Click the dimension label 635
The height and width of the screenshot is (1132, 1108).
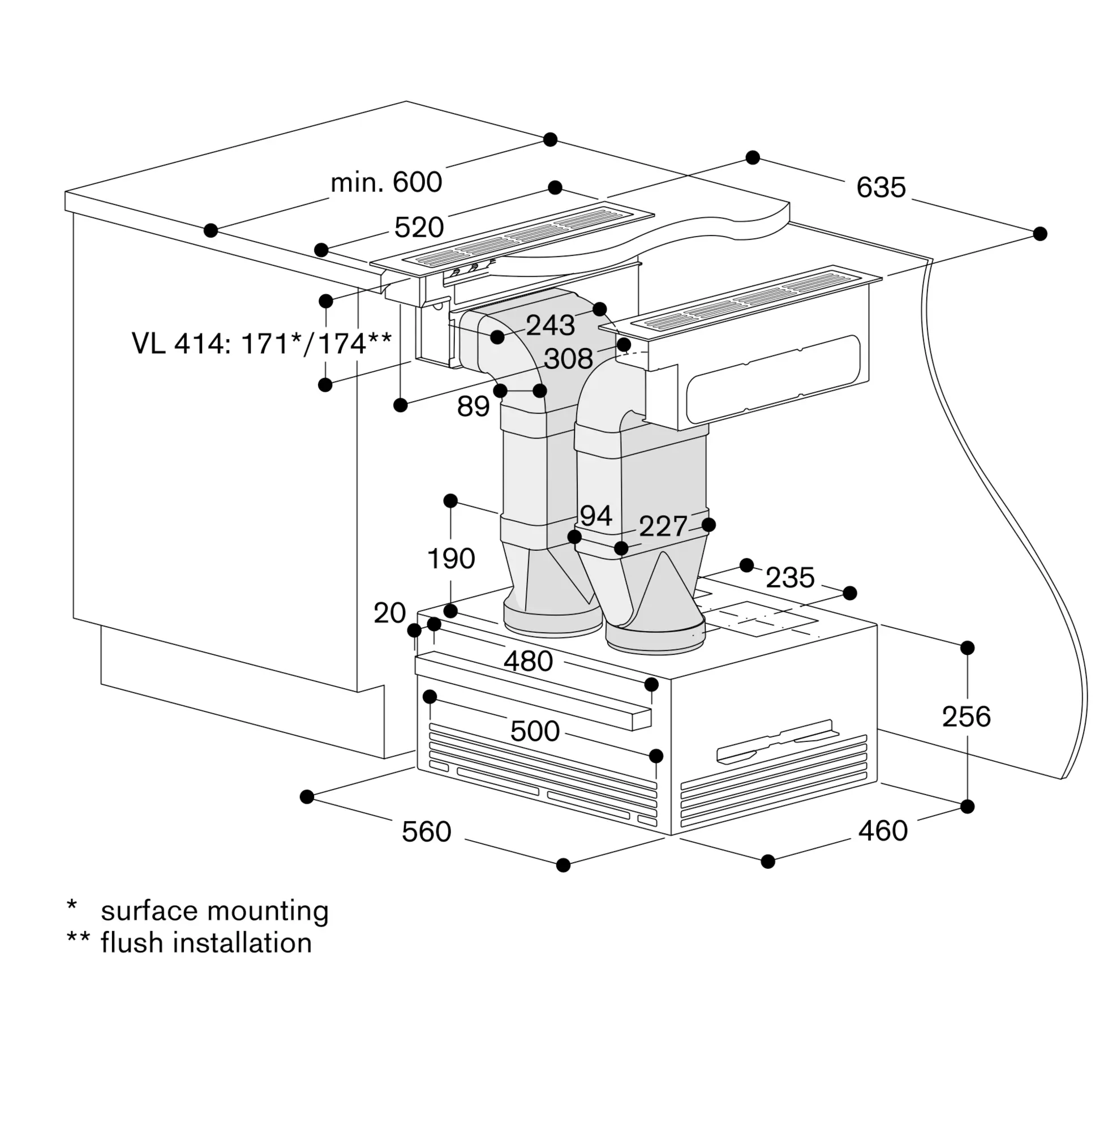click(881, 187)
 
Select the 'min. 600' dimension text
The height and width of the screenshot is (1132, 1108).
click(386, 182)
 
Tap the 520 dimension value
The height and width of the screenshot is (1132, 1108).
click(419, 227)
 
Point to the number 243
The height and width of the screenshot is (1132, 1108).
click(551, 325)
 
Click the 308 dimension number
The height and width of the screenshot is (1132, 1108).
click(569, 358)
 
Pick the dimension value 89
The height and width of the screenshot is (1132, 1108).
click(473, 406)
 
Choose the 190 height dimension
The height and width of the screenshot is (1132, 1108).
click(451, 559)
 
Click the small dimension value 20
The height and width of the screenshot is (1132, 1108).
click(389, 613)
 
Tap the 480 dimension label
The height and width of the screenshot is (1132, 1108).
click(528, 661)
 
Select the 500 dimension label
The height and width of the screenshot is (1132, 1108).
click(535, 731)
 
